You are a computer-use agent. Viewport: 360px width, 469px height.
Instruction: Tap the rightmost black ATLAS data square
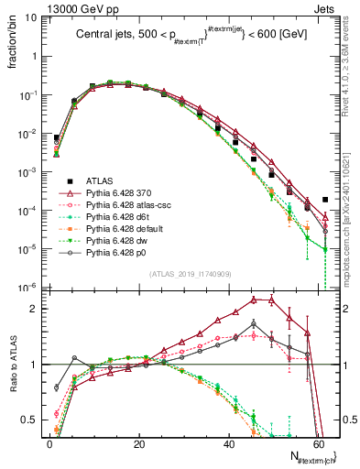coord(326,199)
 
